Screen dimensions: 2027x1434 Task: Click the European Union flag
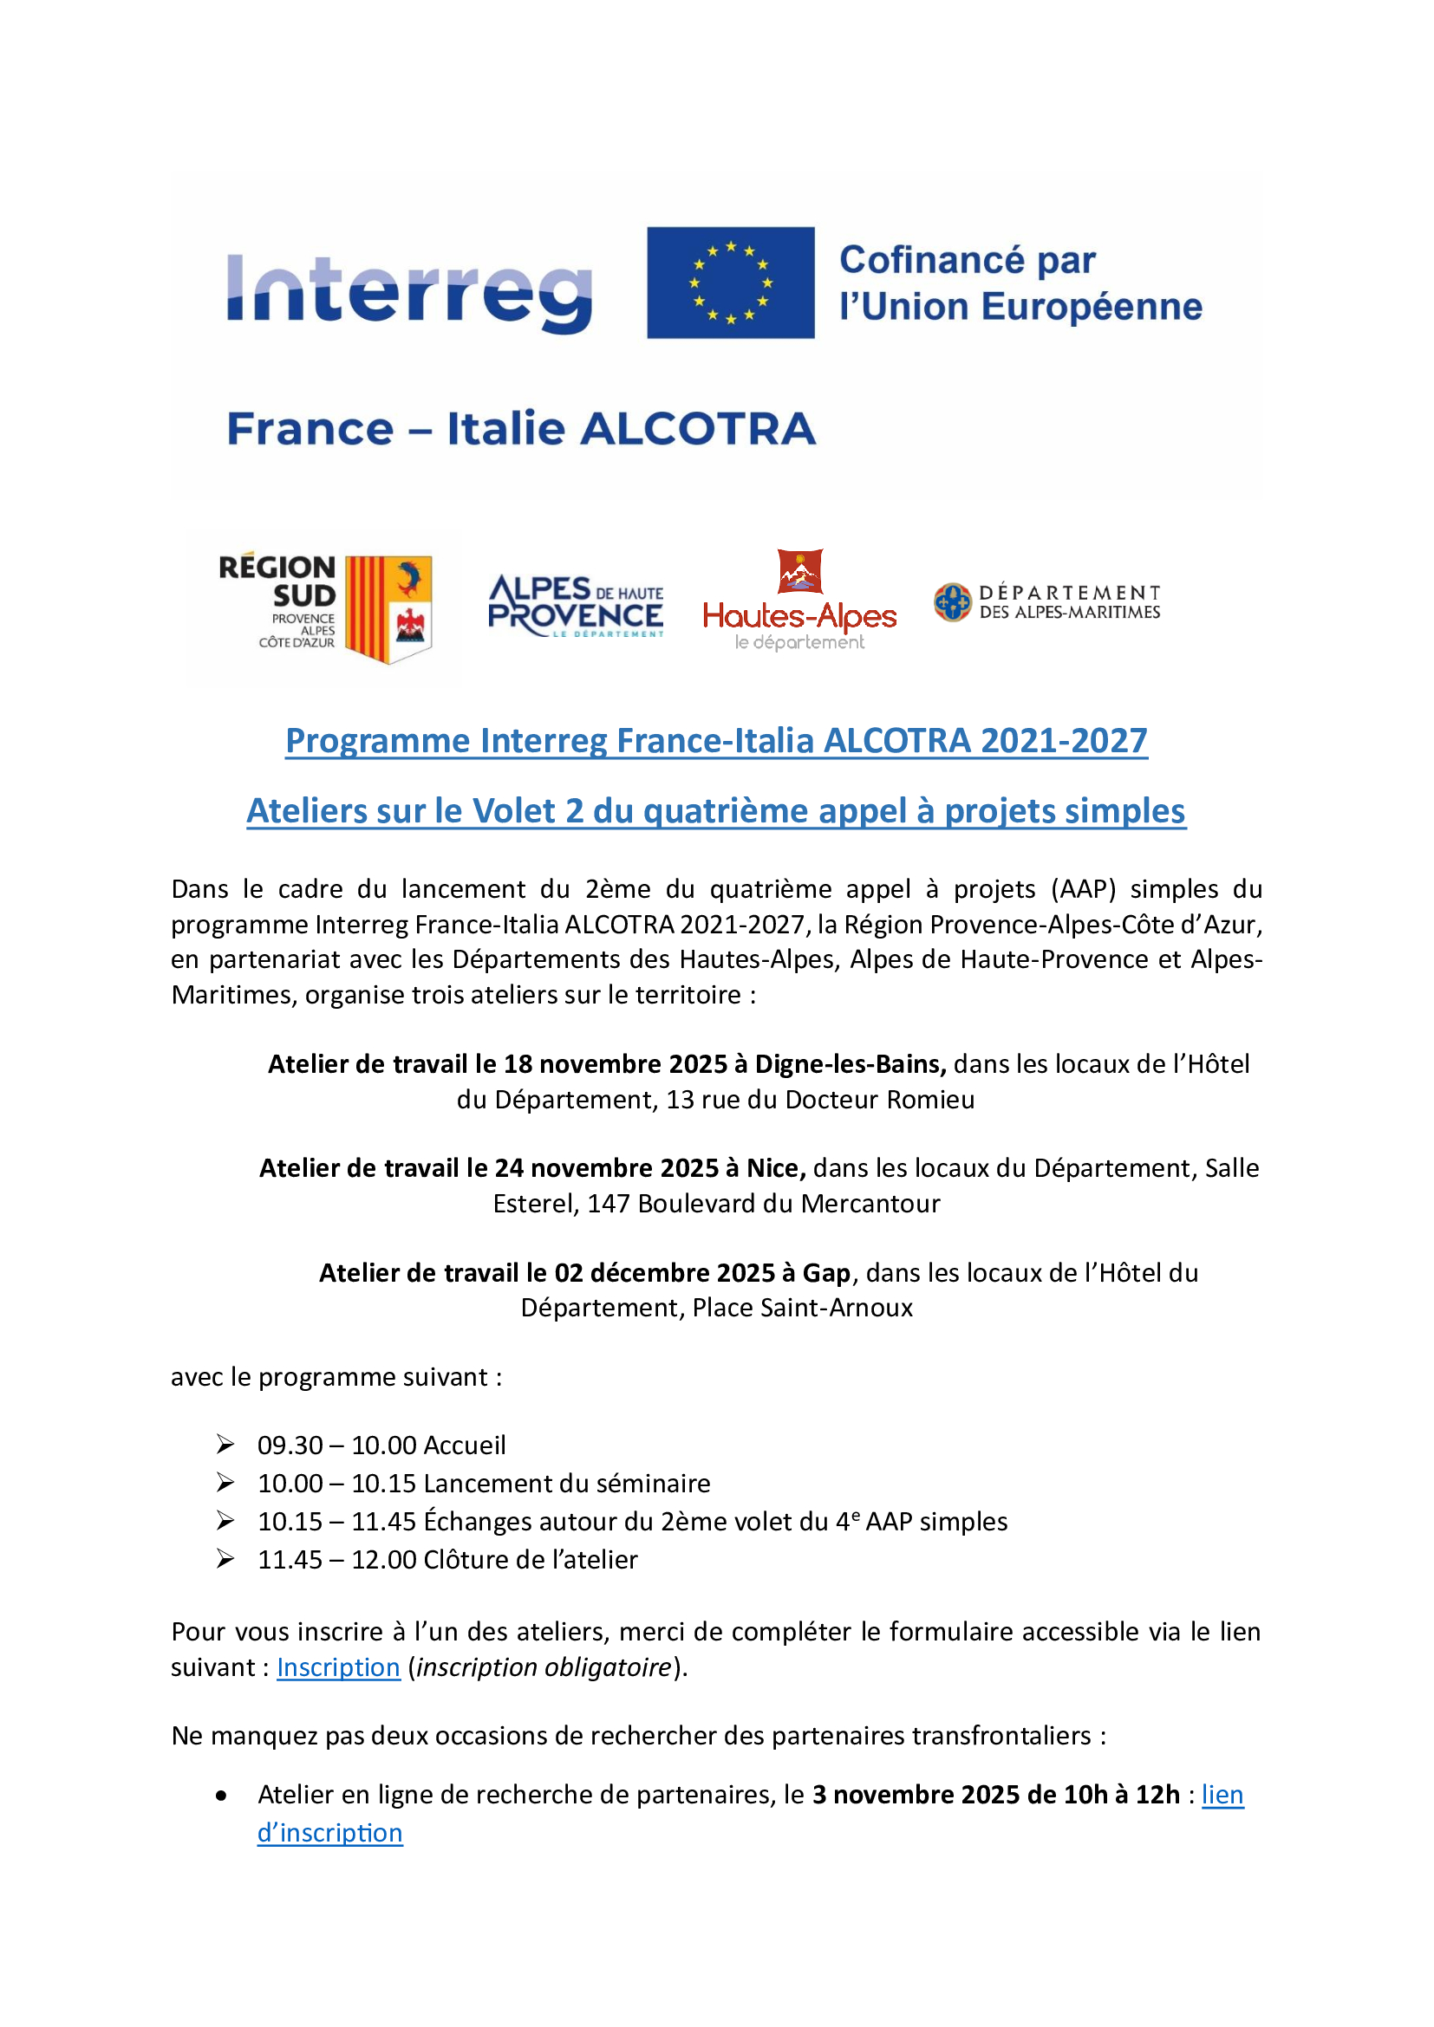pyautogui.click(x=730, y=283)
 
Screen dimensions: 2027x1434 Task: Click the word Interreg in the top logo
pyautogui.click(x=409, y=290)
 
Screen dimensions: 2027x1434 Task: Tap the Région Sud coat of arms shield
pyautogui.click(x=388, y=608)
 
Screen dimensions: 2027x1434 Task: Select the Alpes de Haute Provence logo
pyautogui.click(x=576, y=606)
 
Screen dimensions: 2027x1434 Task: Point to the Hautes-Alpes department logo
pyautogui.click(x=799, y=601)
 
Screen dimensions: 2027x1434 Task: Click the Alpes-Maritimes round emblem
pyautogui.click(x=952, y=602)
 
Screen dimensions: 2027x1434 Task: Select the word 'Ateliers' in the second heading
pyautogui.click(x=304, y=811)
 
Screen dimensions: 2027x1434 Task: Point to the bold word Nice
pyautogui.click(x=775, y=1168)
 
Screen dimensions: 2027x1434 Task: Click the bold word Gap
pyautogui.click(x=826, y=1272)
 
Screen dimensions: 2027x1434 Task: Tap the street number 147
pyautogui.click(x=609, y=1204)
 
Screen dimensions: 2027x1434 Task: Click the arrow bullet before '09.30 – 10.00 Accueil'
pyautogui.click(x=225, y=1445)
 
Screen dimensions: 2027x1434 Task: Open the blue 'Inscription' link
pyautogui.click(x=338, y=1666)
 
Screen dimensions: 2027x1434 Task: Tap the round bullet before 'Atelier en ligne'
pyautogui.click(x=222, y=1796)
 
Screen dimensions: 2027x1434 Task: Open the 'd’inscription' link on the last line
pyautogui.click(x=329, y=1833)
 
